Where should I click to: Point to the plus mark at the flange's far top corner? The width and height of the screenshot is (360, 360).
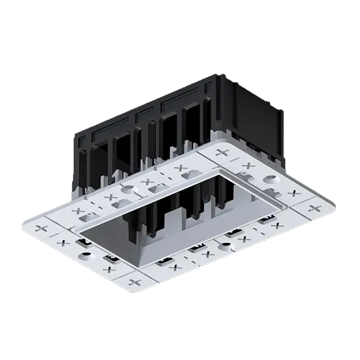click(x=223, y=152)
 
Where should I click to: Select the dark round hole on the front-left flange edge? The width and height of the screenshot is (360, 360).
click(x=86, y=254)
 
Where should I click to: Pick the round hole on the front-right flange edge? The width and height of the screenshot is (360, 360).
click(x=223, y=245)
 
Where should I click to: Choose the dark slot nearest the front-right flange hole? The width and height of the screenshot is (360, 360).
click(x=231, y=233)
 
